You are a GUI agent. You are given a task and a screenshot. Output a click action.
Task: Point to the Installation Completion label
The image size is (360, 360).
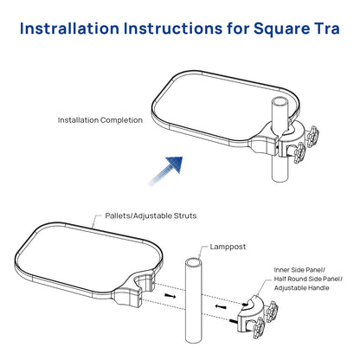(100, 119)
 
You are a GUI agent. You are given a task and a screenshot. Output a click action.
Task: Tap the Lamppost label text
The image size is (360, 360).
(228, 247)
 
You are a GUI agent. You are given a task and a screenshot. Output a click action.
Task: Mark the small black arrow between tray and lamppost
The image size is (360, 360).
(170, 297)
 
